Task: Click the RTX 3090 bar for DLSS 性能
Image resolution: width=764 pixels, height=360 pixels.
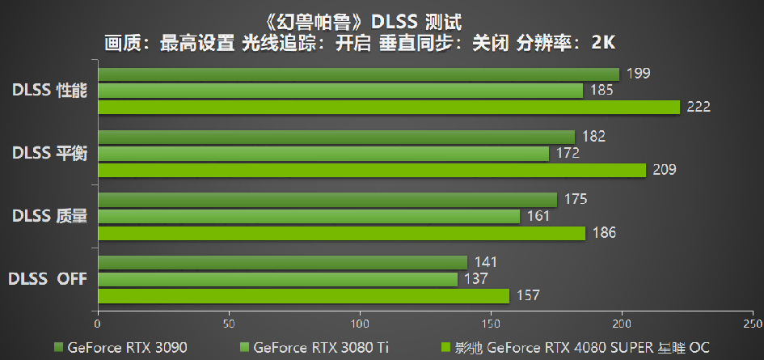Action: [358, 74]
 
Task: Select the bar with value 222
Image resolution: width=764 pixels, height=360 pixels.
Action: [389, 107]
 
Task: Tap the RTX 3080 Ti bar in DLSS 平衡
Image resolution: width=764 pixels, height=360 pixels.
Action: [323, 153]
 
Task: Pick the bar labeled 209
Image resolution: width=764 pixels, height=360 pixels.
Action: [372, 170]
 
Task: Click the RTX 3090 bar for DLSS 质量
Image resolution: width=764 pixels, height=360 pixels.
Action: [327, 199]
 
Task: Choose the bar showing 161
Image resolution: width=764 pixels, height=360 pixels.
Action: [309, 216]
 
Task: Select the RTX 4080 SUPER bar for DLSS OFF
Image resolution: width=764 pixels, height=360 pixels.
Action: [303, 296]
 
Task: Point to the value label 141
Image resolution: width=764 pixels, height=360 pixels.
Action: [486, 262]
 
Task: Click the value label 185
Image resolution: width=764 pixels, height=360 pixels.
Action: [601, 91]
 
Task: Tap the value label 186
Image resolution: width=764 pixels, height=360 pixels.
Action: [604, 233]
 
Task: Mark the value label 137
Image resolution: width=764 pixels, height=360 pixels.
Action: [476, 279]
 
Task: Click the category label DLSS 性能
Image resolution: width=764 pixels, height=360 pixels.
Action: [50, 90]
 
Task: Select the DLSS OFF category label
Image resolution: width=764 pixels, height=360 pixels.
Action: [48, 279]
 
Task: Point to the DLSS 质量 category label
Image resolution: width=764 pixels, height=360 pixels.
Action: [50, 216]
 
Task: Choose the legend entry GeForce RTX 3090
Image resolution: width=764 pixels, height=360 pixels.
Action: [120, 348]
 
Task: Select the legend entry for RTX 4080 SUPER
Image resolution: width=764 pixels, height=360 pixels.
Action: [574, 348]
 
